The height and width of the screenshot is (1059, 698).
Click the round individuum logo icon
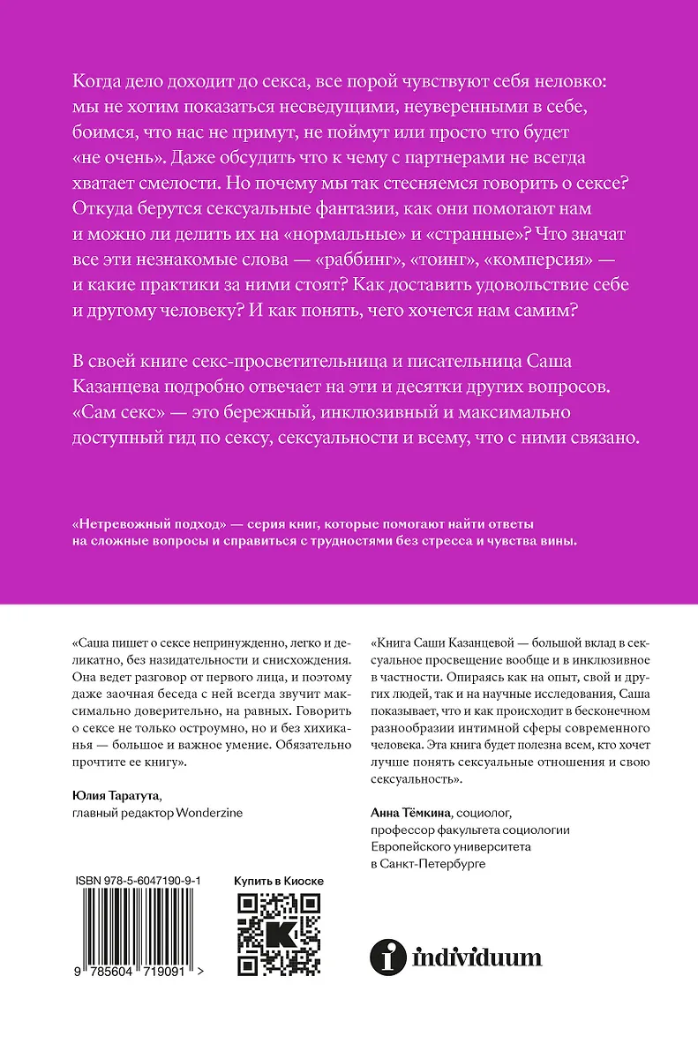pyautogui.click(x=385, y=956)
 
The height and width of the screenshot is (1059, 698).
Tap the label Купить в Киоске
pyautogui.click(x=278, y=881)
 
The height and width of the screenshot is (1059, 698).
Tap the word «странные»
pyautogui.click(x=469, y=236)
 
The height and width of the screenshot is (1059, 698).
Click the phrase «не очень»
pyautogui.click(x=114, y=158)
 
